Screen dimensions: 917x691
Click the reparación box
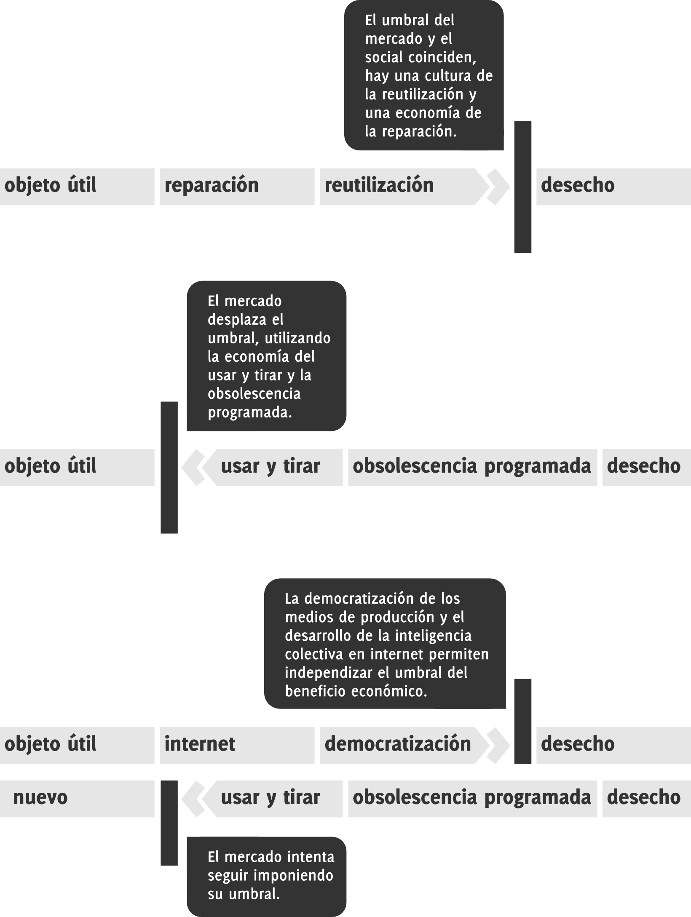(237, 187)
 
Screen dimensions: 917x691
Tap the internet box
(237, 745)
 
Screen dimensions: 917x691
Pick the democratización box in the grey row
(398, 745)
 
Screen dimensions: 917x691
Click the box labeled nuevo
(77, 799)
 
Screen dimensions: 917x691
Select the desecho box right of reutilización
(613, 187)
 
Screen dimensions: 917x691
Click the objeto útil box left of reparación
(77, 187)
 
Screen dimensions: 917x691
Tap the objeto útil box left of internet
(77, 745)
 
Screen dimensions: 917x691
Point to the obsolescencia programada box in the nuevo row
(472, 799)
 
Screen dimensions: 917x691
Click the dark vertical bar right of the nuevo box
(169, 822)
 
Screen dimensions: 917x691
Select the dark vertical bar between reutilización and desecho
(522, 187)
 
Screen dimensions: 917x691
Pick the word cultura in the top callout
(447, 76)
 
